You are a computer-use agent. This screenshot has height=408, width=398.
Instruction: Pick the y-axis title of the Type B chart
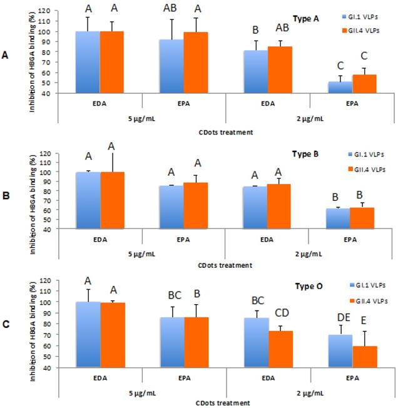coord(31,191)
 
